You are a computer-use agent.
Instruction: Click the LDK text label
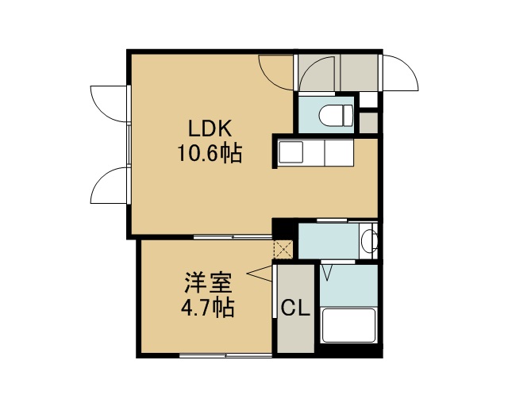[x=210, y=128]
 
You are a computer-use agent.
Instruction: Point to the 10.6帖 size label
[x=210, y=153]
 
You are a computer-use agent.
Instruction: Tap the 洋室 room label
[x=208, y=282]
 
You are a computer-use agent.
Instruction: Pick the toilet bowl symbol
[x=336, y=115]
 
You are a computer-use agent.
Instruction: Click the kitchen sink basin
[x=291, y=151]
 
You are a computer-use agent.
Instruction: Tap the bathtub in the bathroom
[x=349, y=325]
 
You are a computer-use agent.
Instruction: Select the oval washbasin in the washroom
[x=371, y=240]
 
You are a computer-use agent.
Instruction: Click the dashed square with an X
[x=283, y=249]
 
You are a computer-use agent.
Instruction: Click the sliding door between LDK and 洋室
[x=233, y=237]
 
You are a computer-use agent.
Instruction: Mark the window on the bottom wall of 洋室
[x=225, y=355]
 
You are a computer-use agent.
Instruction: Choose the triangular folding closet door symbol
[x=260, y=274]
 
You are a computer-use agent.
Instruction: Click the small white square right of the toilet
[x=368, y=100]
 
